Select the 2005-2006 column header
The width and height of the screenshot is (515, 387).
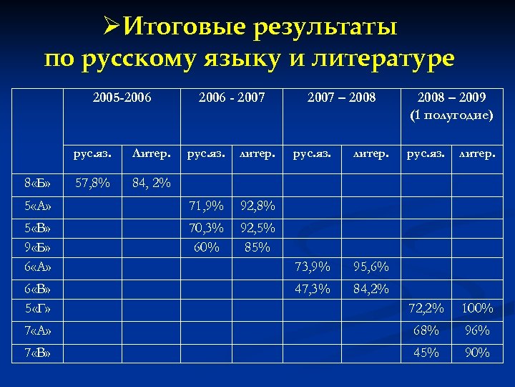(x=122, y=96)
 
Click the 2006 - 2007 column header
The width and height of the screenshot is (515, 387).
(x=231, y=96)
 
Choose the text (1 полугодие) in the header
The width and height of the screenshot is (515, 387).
(x=451, y=114)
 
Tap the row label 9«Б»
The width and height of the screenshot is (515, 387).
(x=34, y=248)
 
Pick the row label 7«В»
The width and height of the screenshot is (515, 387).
(x=34, y=353)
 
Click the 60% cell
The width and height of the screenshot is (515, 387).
(x=206, y=248)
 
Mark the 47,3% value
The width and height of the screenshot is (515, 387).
(x=313, y=290)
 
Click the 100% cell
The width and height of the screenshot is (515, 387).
(x=476, y=309)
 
